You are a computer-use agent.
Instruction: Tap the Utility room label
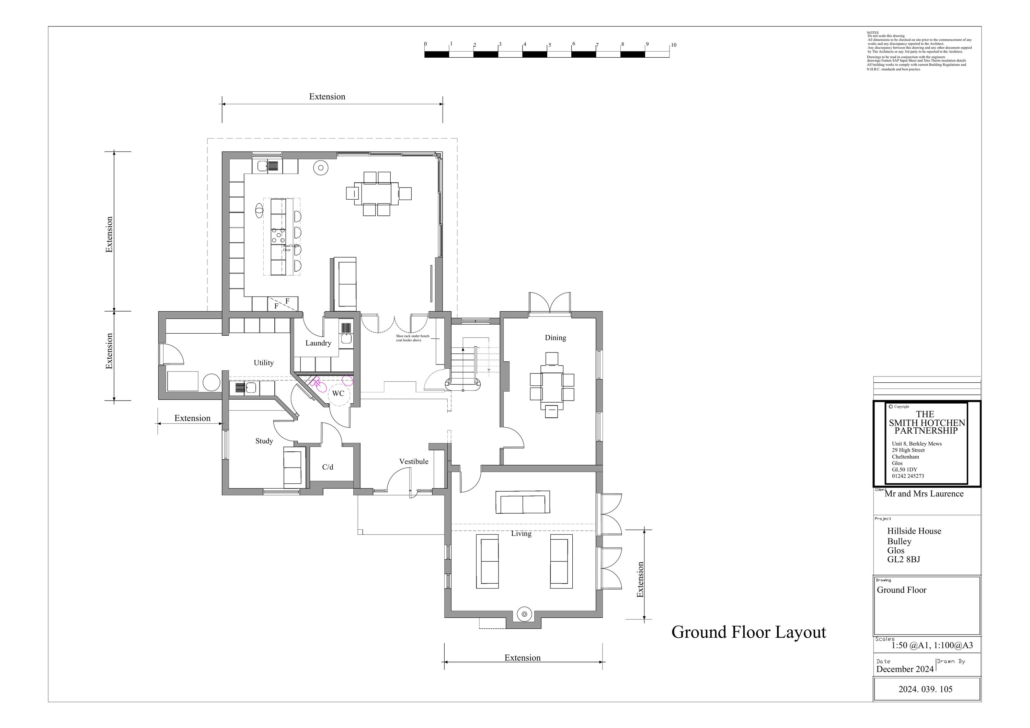coord(263,363)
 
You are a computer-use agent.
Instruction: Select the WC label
coord(338,394)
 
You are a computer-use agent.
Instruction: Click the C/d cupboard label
coord(328,467)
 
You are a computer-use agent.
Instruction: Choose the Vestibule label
coord(414,461)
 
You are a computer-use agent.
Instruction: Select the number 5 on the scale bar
coord(550,45)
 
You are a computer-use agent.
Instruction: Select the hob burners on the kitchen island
coord(278,235)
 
